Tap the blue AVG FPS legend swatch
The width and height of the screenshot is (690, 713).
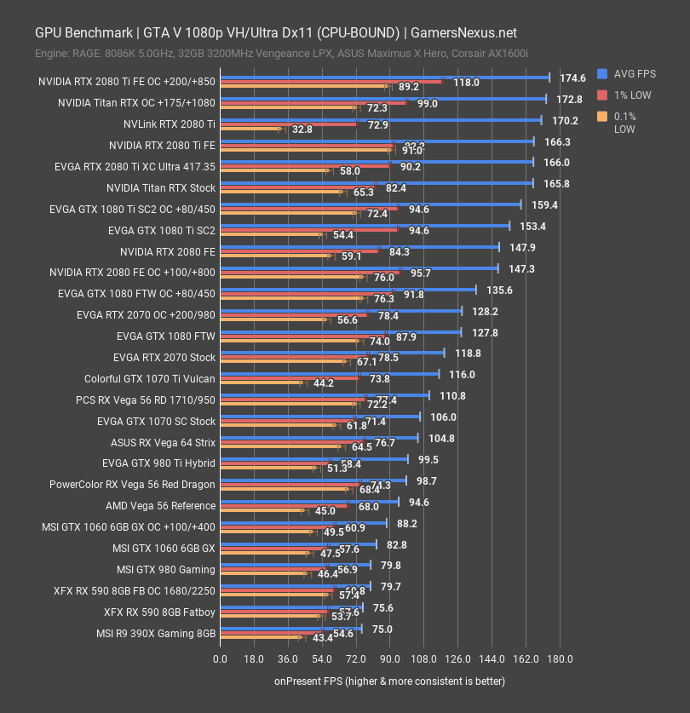(602, 73)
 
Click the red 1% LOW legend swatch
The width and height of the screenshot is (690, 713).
(602, 95)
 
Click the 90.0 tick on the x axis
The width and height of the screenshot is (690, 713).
(389, 658)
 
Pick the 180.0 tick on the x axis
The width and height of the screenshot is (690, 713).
(560, 658)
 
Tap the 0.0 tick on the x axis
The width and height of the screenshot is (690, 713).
(220, 658)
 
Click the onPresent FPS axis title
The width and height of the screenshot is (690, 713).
(389, 681)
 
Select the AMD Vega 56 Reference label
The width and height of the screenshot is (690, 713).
(161, 506)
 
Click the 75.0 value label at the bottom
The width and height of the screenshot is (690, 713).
(382, 629)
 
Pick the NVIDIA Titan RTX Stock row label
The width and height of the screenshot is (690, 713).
(161, 187)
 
